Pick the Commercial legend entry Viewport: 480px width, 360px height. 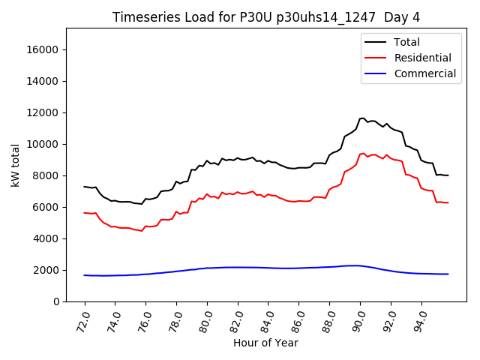pos(424,73)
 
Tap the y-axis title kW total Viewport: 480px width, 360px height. pos(15,165)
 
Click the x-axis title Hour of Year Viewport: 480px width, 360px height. pos(266,343)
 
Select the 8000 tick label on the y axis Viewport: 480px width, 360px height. pos(46,175)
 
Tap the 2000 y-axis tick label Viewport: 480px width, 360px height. pos(46,270)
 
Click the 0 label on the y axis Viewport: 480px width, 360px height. pos(56,301)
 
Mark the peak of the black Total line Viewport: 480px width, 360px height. pos(363,118)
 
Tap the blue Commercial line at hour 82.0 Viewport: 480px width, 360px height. pos(238,267)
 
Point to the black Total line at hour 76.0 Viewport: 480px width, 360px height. pos(145,199)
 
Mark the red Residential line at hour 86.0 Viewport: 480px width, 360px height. pos(299,201)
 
